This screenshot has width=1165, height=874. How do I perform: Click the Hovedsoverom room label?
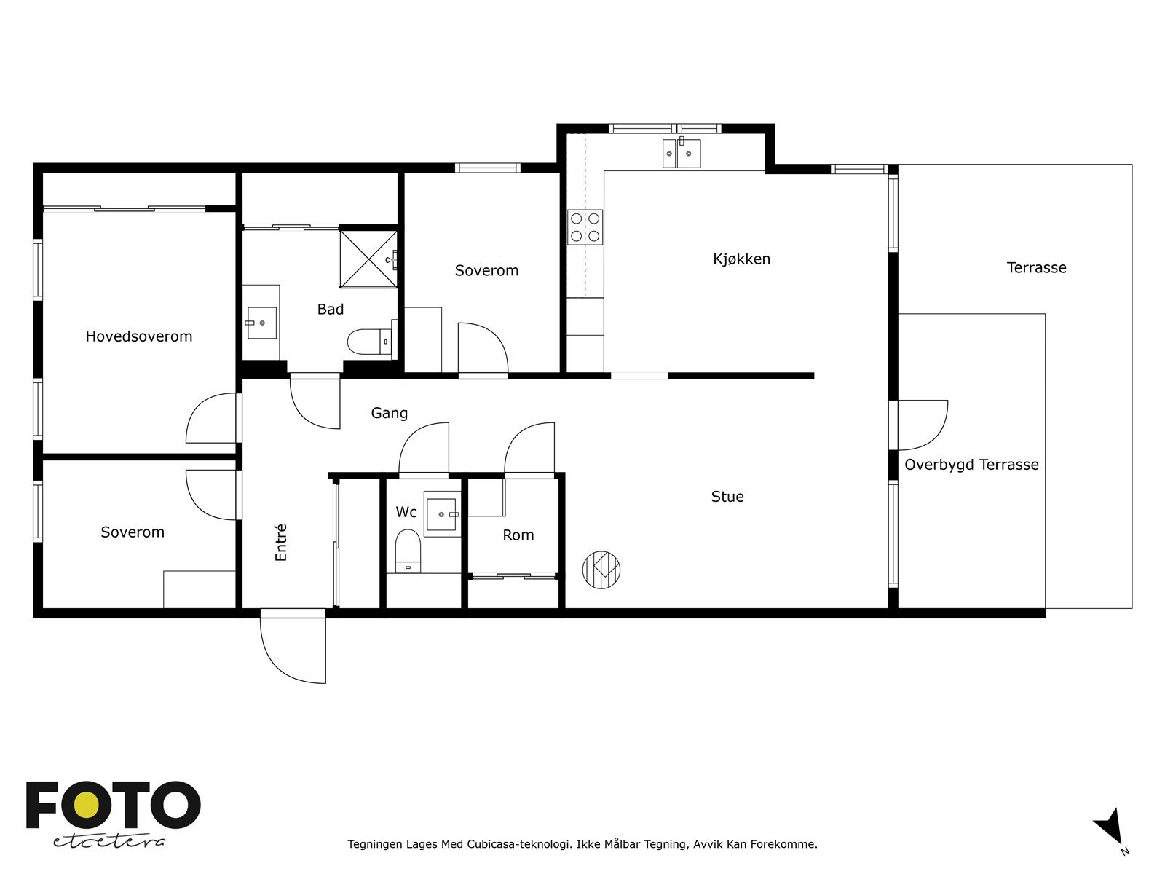[x=138, y=336]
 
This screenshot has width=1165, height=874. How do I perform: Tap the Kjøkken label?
[x=741, y=259]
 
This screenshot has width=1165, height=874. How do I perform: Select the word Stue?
[x=727, y=497]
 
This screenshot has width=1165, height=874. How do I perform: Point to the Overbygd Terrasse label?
[x=971, y=465]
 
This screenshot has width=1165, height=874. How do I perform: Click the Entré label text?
[x=281, y=542]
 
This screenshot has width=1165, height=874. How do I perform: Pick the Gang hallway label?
[x=389, y=414]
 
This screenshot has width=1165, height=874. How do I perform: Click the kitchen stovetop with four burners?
[x=585, y=227]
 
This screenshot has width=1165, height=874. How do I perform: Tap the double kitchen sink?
[x=682, y=153]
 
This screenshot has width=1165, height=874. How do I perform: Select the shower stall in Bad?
[x=368, y=259]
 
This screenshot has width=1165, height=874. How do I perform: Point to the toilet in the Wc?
[x=408, y=551]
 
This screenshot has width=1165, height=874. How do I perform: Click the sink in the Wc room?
[x=441, y=513]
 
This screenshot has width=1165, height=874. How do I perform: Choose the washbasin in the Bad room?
[x=261, y=323]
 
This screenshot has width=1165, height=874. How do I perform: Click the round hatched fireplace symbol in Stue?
[x=601, y=570]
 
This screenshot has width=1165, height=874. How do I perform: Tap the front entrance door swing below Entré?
[x=293, y=646]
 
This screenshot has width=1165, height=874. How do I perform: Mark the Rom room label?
[x=518, y=535]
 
